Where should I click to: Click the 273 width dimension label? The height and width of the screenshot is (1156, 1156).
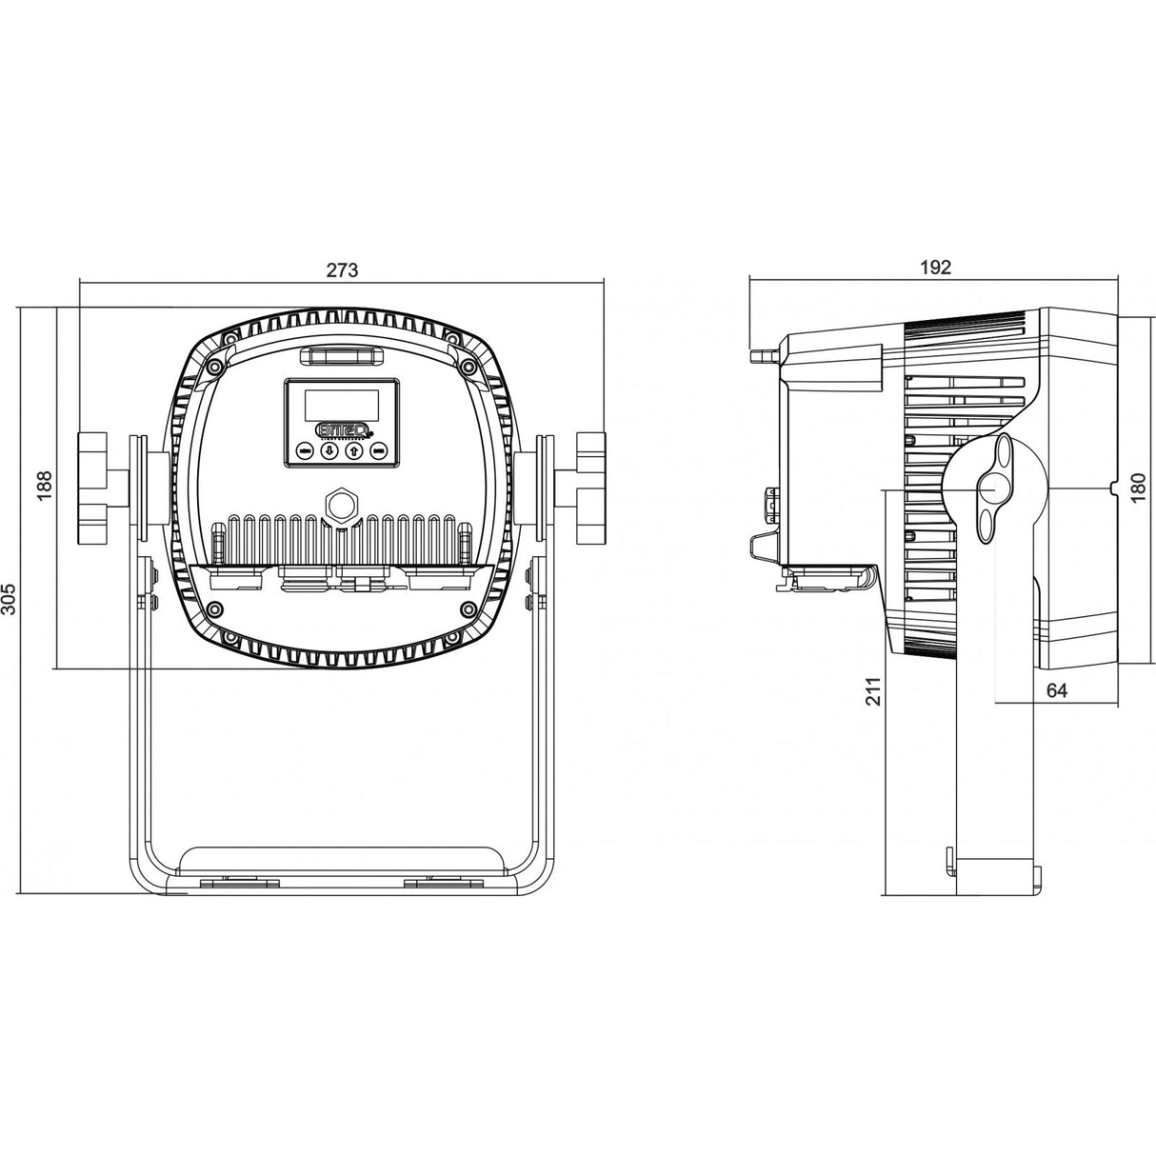coord(342,269)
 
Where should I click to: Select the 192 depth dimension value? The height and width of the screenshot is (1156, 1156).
coord(936,268)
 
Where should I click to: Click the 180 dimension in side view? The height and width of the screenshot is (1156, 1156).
coord(1137,488)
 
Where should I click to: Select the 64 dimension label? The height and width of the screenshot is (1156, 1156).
coord(1056,691)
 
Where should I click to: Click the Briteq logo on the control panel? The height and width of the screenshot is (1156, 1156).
coord(341,429)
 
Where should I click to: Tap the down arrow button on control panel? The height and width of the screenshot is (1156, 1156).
coord(329,450)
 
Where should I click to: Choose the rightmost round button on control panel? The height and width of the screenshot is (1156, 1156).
coord(378,450)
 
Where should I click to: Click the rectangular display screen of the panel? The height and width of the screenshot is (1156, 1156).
coord(341,405)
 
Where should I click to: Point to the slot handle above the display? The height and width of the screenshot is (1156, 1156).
coord(342,357)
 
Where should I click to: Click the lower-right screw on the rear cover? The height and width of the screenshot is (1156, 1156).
coord(467,608)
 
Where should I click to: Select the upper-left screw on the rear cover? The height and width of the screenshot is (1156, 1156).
coord(216,367)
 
